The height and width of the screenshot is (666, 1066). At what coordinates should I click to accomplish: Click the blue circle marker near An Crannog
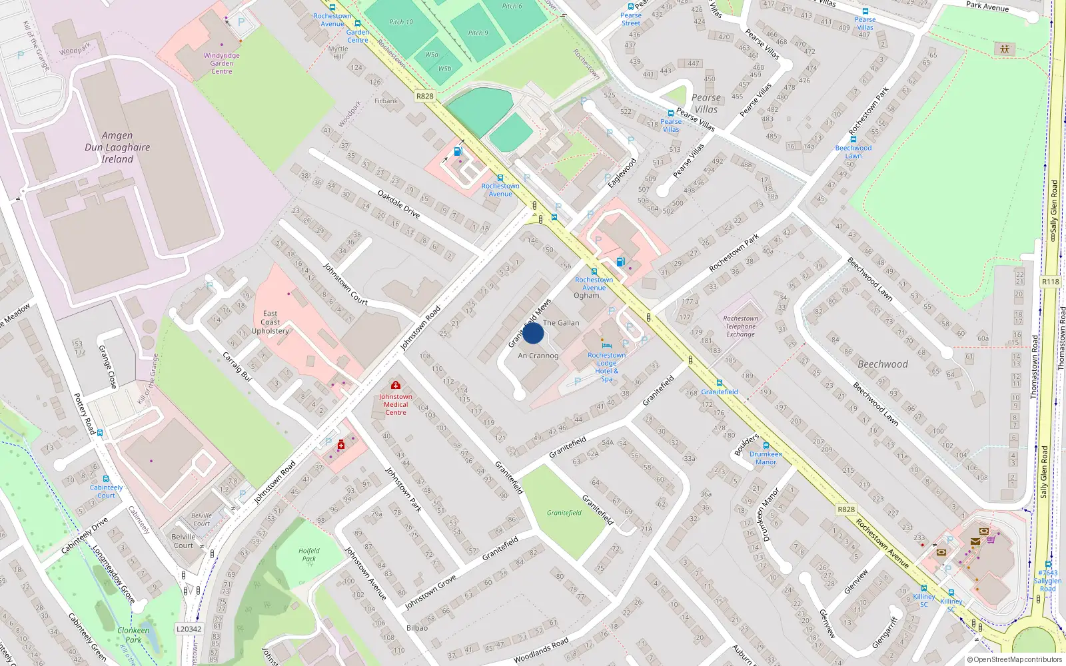pos(533,333)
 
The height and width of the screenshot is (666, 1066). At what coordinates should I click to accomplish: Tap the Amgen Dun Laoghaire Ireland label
pos(117,147)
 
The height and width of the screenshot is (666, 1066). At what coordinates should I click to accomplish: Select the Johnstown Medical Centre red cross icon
pos(396,385)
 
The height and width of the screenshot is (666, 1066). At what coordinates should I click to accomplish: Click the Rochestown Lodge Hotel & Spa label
pos(606,367)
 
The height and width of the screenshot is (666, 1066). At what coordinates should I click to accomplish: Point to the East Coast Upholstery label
pos(270,322)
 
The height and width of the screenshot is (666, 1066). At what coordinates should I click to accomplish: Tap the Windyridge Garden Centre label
pos(221,63)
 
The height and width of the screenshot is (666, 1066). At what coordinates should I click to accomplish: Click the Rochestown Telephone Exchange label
pos(740,326)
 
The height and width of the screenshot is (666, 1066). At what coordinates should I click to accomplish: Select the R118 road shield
pos(1050,282)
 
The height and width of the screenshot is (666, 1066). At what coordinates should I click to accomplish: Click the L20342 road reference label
pos(189,629)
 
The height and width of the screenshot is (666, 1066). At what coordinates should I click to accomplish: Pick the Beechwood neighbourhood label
pos(882,364)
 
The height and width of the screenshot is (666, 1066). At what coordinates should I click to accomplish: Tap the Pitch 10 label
pos(401,22)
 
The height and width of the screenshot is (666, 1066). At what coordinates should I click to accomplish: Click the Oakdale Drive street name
pos(398,204)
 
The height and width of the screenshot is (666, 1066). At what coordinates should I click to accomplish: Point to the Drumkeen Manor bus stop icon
pos(766,446)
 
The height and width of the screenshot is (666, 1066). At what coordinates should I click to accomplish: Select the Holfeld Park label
pos(308,555)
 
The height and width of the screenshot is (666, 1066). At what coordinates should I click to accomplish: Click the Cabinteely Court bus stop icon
pos(105,479)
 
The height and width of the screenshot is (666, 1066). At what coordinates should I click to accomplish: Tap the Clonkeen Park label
pos(133,635)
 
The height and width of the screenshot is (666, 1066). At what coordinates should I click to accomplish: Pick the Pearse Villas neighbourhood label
pos(706,103)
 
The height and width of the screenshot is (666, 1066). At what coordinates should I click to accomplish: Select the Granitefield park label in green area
pos(564,513)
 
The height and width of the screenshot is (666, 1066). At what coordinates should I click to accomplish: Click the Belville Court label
pos(183,541)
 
